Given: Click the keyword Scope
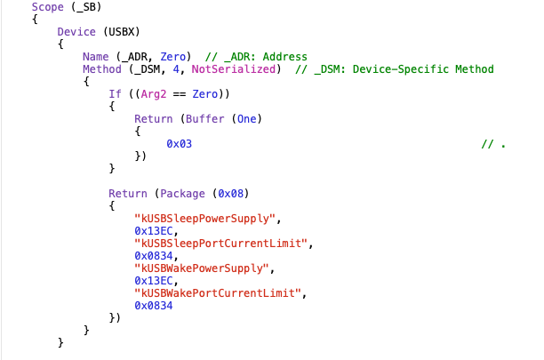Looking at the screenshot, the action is point(47,7).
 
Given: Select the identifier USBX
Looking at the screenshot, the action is point(121,32).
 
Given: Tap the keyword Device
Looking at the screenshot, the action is point(76,32).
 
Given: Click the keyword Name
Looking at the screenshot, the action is point(95,57).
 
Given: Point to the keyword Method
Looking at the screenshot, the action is point(102,69).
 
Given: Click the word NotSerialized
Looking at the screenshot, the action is point(234,69).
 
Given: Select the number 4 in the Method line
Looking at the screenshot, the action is point(176,69).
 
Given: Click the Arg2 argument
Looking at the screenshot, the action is point(154,94).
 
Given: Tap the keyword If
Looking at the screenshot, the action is point(115,94).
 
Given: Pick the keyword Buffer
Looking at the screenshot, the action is point(204,119).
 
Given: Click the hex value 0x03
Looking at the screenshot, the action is point(179,144).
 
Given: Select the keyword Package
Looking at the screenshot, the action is point(182,194).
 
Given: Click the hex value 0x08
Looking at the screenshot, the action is point(231,194).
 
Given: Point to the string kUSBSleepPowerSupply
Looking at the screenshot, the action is point(204,219).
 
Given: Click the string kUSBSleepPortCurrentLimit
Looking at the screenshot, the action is point(220,244).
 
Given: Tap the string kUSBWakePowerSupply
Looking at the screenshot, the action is point(202,268).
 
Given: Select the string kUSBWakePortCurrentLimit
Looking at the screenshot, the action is point(218,293).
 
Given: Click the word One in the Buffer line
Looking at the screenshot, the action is point(247,119).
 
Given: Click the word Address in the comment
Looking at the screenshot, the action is point(284,57).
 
